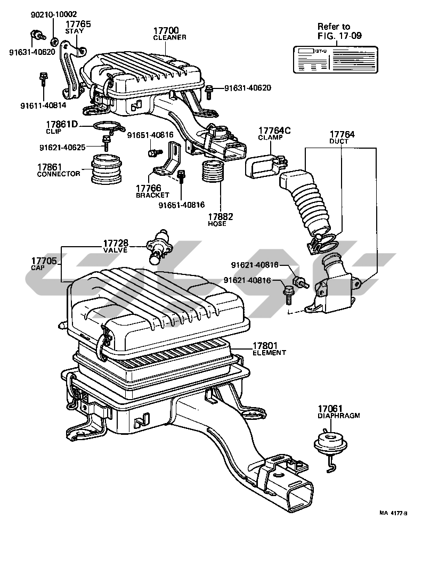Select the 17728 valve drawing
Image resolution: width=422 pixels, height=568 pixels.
pyautogui.click(x=158, y=247)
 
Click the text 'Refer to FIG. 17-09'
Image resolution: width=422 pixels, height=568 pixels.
pyautogui.click(x=334, y=32)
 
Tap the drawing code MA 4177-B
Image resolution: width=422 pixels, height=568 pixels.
pyautogui.click(x=393, y=513)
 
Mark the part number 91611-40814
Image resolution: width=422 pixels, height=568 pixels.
pyautogui.click(x=42, y=106)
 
